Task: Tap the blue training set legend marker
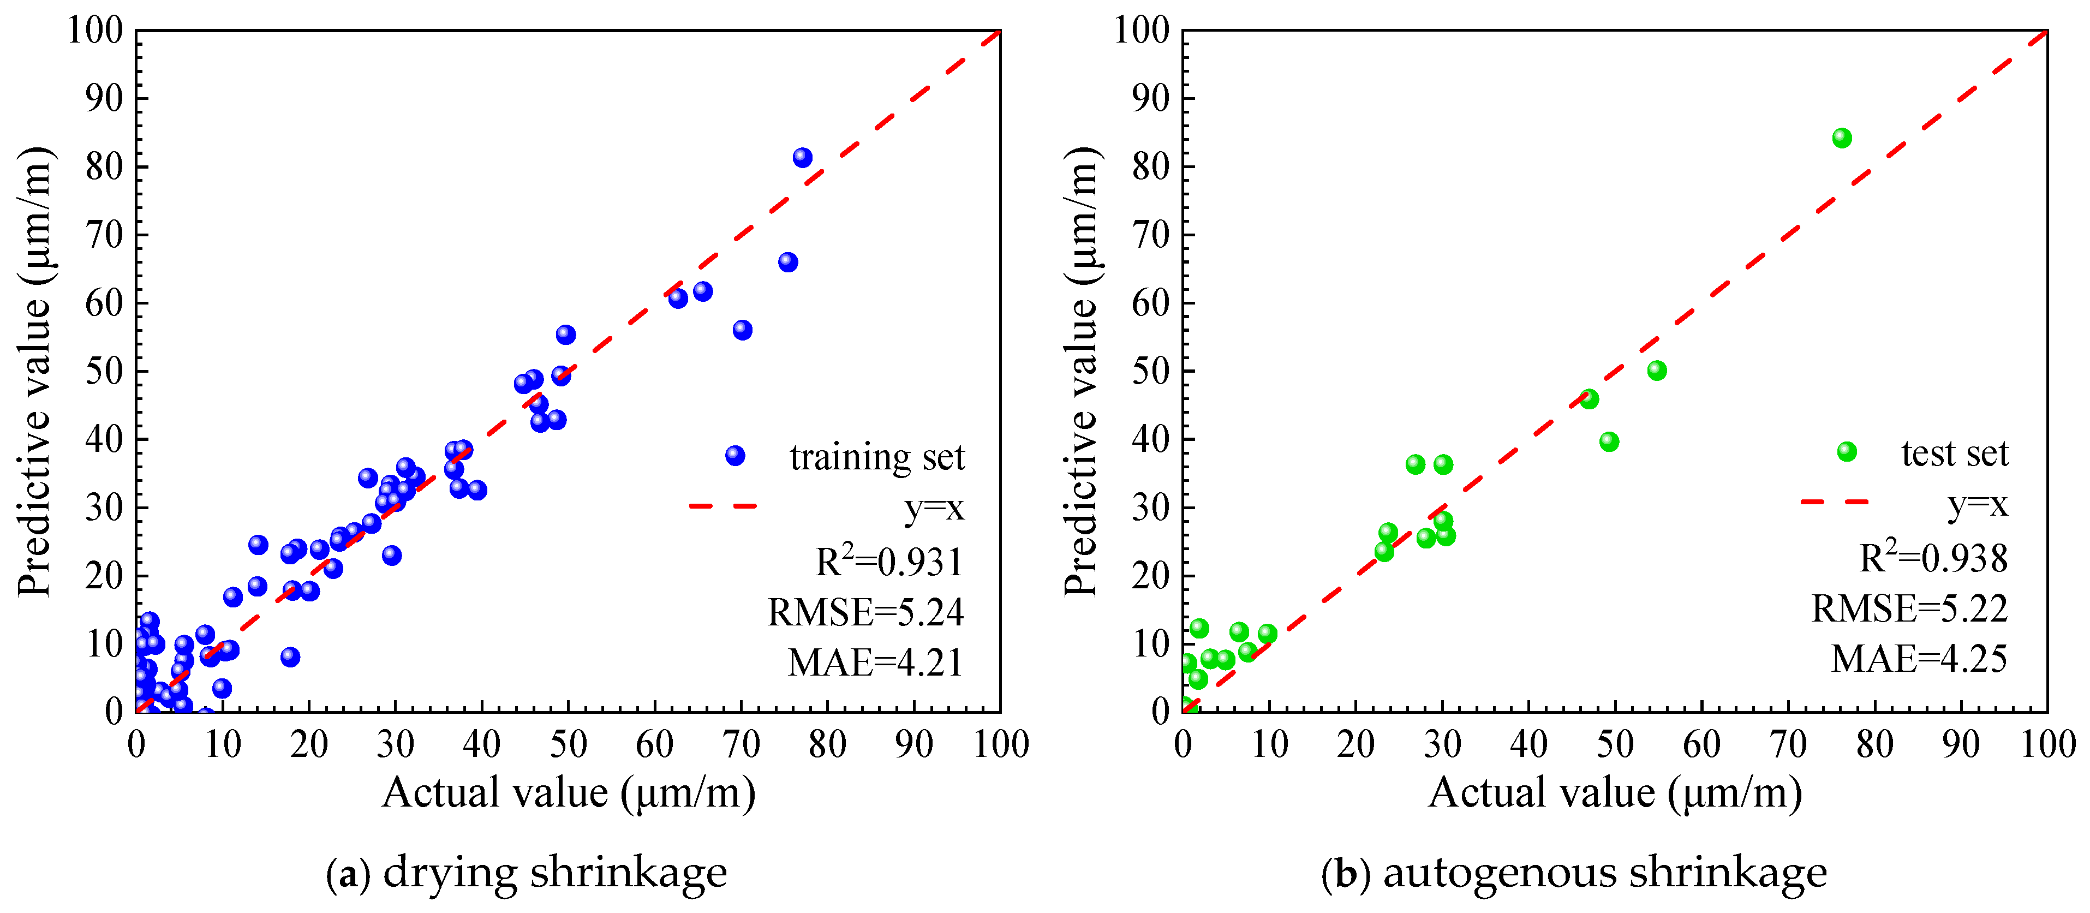pyautogui.click(x=735, y=455)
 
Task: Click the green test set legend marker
pyautogui.click(x=1847, y=451)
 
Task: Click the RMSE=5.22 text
pyautogui.click(x=1910, y=608)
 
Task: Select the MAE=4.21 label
pyautogui.click(x=875, y=662)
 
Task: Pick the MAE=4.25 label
pyautogui.click(x=1920, y=658)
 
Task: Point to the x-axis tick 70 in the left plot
pyautogui.click(x=741, y=744)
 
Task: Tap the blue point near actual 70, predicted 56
pyautogui.click(x=742, y=330)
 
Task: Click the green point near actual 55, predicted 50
pyautogui.click(x=1657, y=370)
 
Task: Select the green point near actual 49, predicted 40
pyautogui.click(x=1609, y=441)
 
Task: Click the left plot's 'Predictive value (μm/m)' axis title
pyautogui.click(x=34, y=372)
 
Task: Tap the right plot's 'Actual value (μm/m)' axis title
pyautogui.click(x=1615, y=793)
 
